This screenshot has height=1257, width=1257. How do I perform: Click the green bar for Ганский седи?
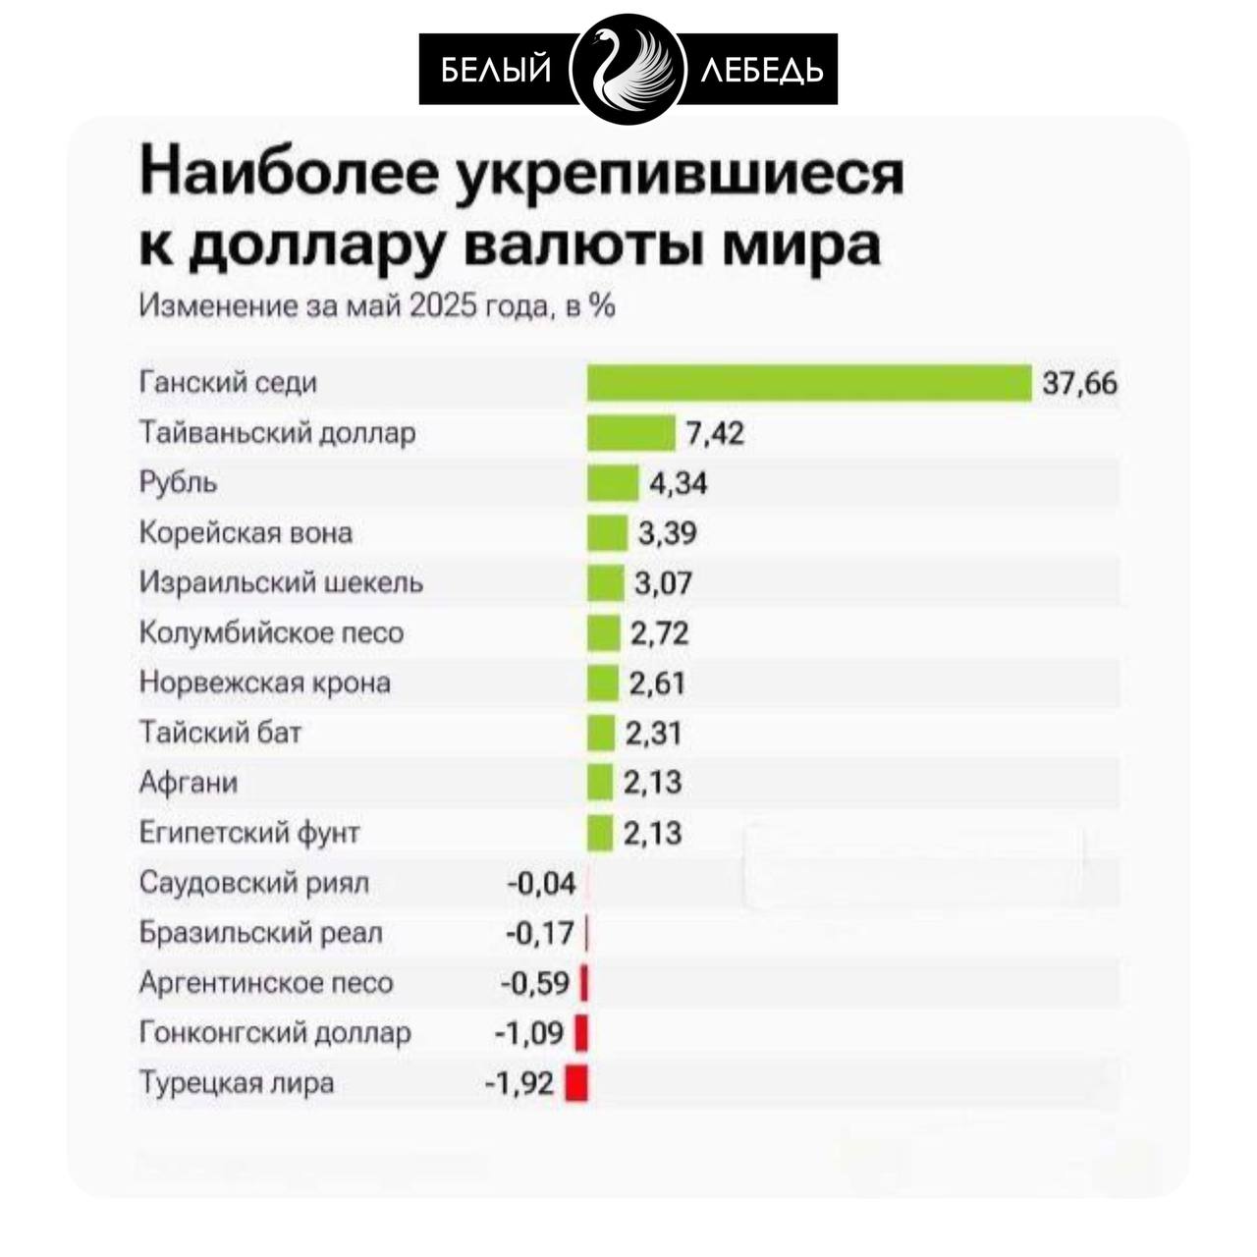click(809, 383)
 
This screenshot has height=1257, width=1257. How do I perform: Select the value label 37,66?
click(1079, 383)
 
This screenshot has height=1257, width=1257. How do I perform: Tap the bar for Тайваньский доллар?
click(631, 433)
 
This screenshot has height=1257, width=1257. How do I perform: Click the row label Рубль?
click(179, 483)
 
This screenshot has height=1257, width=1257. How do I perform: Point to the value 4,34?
click(678, 483)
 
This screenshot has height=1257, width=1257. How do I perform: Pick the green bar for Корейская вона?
click(607, 533)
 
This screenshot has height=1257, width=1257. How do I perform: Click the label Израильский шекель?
click(281, 582)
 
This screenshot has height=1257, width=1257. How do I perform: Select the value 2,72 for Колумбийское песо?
click(659, 633)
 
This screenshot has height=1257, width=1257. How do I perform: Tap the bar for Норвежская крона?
click(603, 683)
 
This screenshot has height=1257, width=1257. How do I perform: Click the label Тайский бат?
click(220, 733)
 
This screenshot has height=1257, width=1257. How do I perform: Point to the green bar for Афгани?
click(600, 783)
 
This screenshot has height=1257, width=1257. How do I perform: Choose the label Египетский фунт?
click(249, 833)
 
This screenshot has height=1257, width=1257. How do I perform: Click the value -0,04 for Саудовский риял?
click(541, 884)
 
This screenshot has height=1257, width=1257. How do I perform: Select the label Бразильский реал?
click(260, 933)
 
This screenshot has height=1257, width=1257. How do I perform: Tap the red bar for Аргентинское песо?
click(584, 983)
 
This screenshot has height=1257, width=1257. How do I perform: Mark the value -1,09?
click(528, 1033)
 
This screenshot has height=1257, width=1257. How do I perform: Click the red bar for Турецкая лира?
click(576, 1083)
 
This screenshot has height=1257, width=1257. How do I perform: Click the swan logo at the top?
click(628, 69)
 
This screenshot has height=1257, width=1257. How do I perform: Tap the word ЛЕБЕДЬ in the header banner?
click(763, 70)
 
